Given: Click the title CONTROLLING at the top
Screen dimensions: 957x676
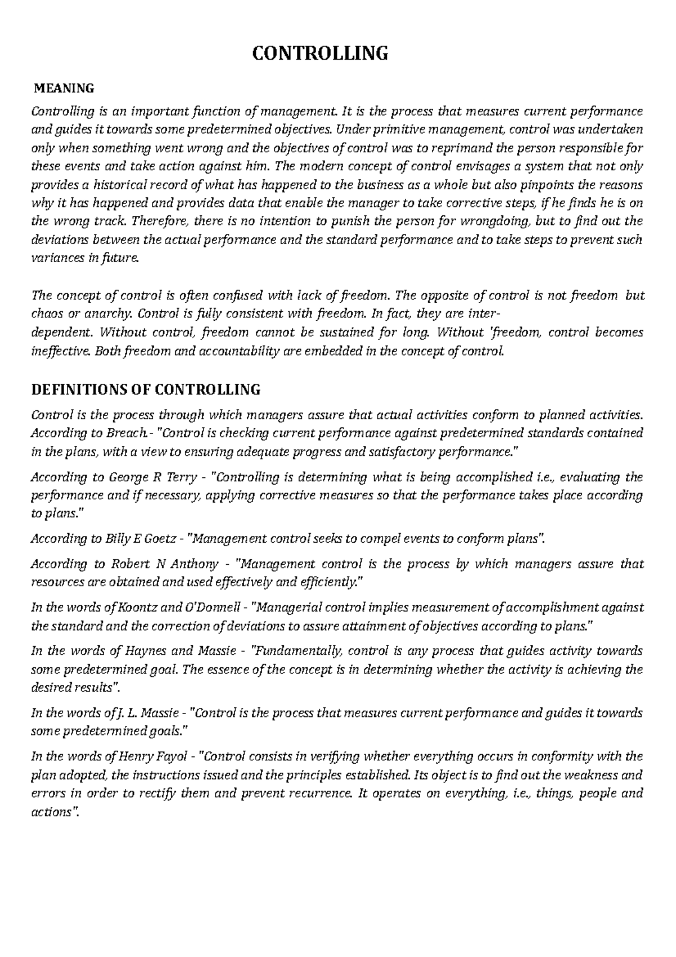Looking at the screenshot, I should click(x=319, y=54).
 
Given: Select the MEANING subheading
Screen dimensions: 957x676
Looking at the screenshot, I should click(x=64, y=88).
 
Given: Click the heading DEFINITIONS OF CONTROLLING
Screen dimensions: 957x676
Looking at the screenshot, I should click(x=146, y=389).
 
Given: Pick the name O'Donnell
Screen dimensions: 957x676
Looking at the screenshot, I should click(x=209, y=608).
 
